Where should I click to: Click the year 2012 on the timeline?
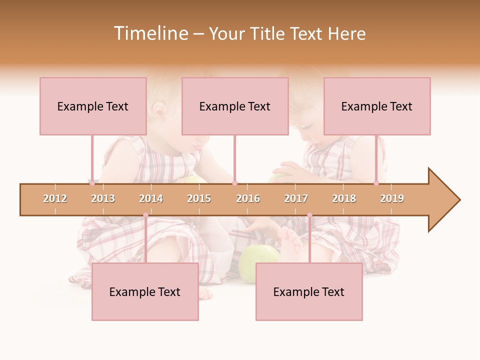click(55, 199)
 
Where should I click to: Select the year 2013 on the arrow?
click(103, 199)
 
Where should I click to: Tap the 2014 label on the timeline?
click(151, 199)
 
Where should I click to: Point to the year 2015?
click(199, 199)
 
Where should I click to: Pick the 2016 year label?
click(248, 199)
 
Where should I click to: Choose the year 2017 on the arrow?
click(296, 199)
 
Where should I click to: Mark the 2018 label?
click(344, 199)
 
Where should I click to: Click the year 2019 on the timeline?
click(392, 199)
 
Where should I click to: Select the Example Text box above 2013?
click(93, 106)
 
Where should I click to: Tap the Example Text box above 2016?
click(235, 106)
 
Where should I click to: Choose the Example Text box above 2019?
click(377, 106)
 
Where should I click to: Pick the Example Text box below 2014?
click(145, 292)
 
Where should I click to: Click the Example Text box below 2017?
click(309, 292)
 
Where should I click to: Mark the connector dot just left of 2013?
click(92, 183)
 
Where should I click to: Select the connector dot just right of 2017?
click(309, 215)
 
